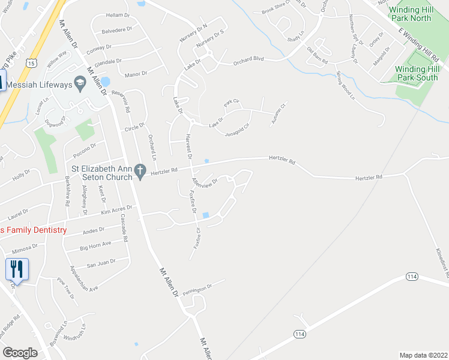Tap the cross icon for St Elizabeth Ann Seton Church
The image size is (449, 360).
click(x=140, y=172)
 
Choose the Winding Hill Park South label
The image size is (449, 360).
click(x=417, y=73)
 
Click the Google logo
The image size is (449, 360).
click(x=20, y=353)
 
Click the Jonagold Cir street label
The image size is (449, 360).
click(x=237, y=129)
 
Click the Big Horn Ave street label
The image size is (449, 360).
click(x=95, y=245)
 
